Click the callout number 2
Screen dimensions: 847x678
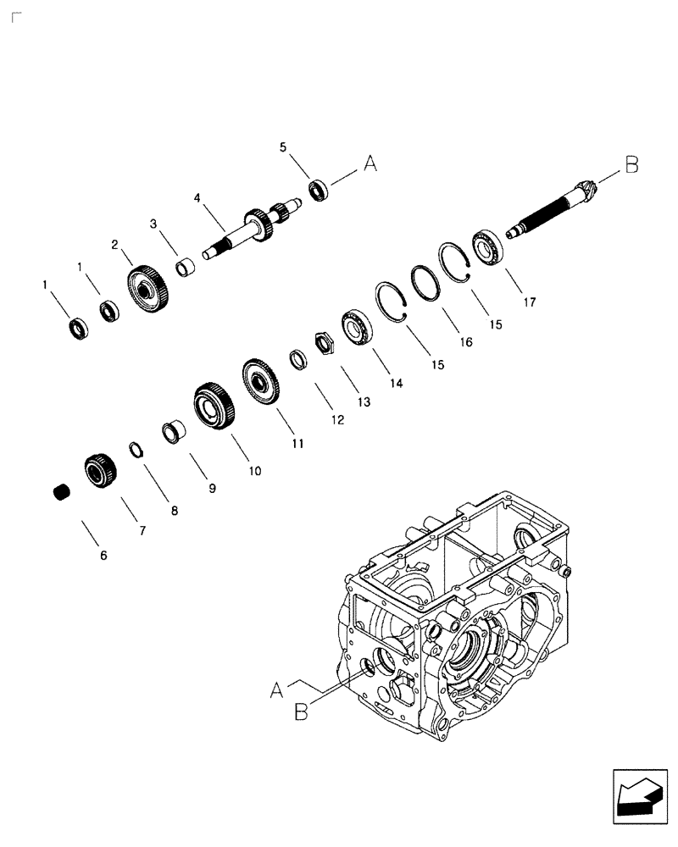coord(114,245)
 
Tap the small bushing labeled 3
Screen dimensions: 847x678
coord(186,268)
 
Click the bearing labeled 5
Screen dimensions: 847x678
coord(319,190)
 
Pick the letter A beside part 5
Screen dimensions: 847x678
coord(370,164)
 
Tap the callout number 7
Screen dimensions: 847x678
coord(142,531)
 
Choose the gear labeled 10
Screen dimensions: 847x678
coord(213,405)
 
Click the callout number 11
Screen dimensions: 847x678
coord(298,443)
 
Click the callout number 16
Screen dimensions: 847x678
coord(465,341)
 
